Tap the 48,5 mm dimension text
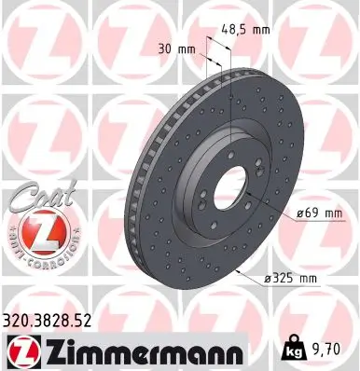(247, 29)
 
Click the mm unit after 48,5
(262, 29)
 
